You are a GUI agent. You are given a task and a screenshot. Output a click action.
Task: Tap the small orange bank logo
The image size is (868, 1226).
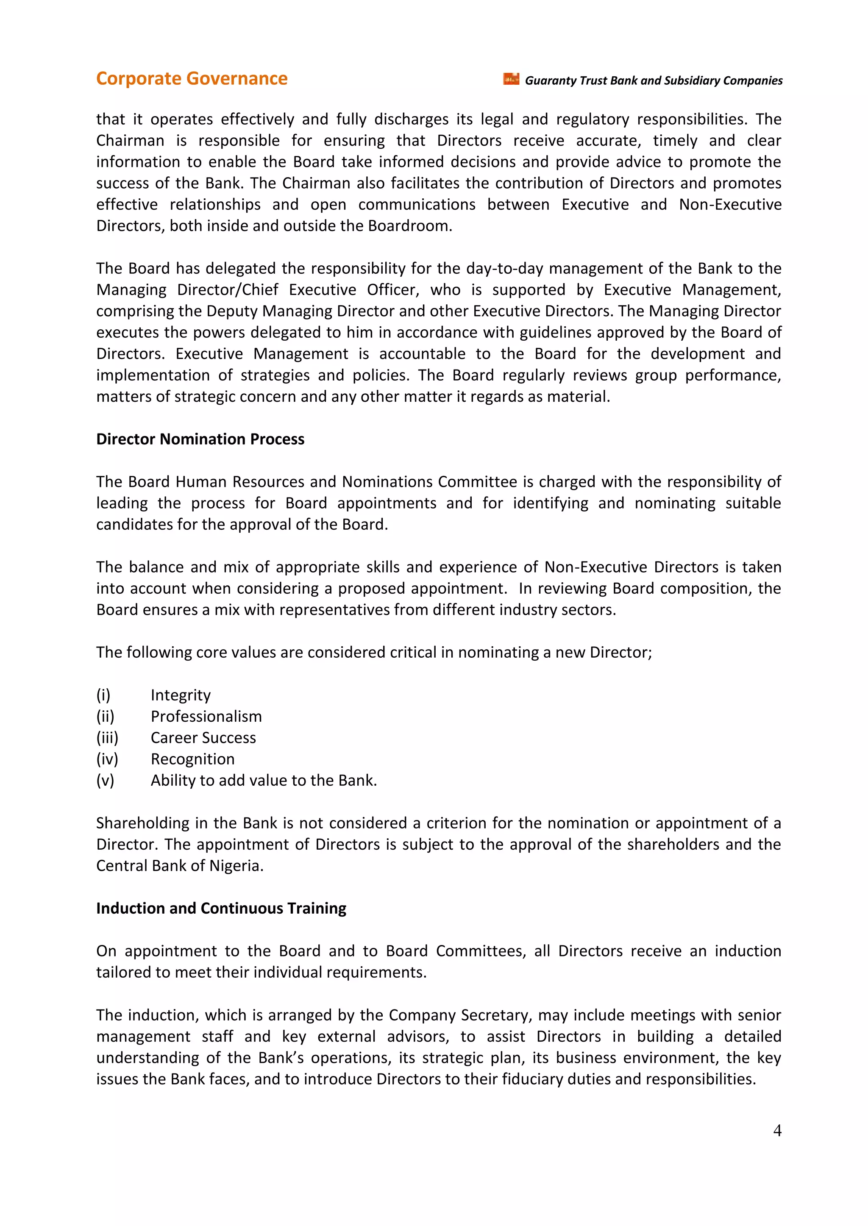tap(511, 79)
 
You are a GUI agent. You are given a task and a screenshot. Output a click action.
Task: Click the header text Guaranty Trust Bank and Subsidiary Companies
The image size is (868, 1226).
tap(653, 81)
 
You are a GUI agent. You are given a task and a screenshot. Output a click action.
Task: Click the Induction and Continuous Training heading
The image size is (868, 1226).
tap(221, 908)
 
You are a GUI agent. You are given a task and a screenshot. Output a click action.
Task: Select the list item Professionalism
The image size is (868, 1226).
tap(206, 716)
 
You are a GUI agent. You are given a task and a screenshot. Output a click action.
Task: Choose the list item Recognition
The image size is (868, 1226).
tap(192, 759)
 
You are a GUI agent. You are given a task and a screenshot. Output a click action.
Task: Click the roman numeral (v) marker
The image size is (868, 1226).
tap(105, 780)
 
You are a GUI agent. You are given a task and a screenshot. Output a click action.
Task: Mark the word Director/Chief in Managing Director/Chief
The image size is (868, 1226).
tap(228, 290)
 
